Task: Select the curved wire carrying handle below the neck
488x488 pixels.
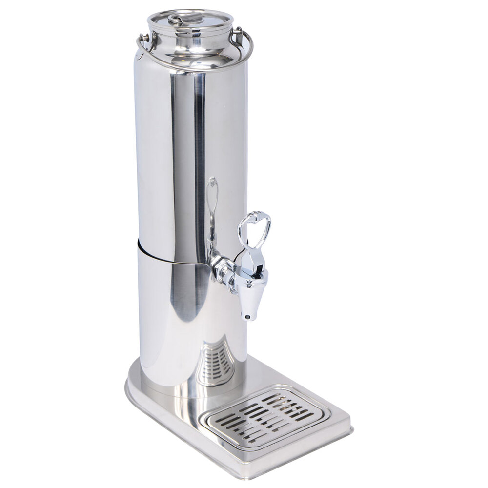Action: (195, 67)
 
